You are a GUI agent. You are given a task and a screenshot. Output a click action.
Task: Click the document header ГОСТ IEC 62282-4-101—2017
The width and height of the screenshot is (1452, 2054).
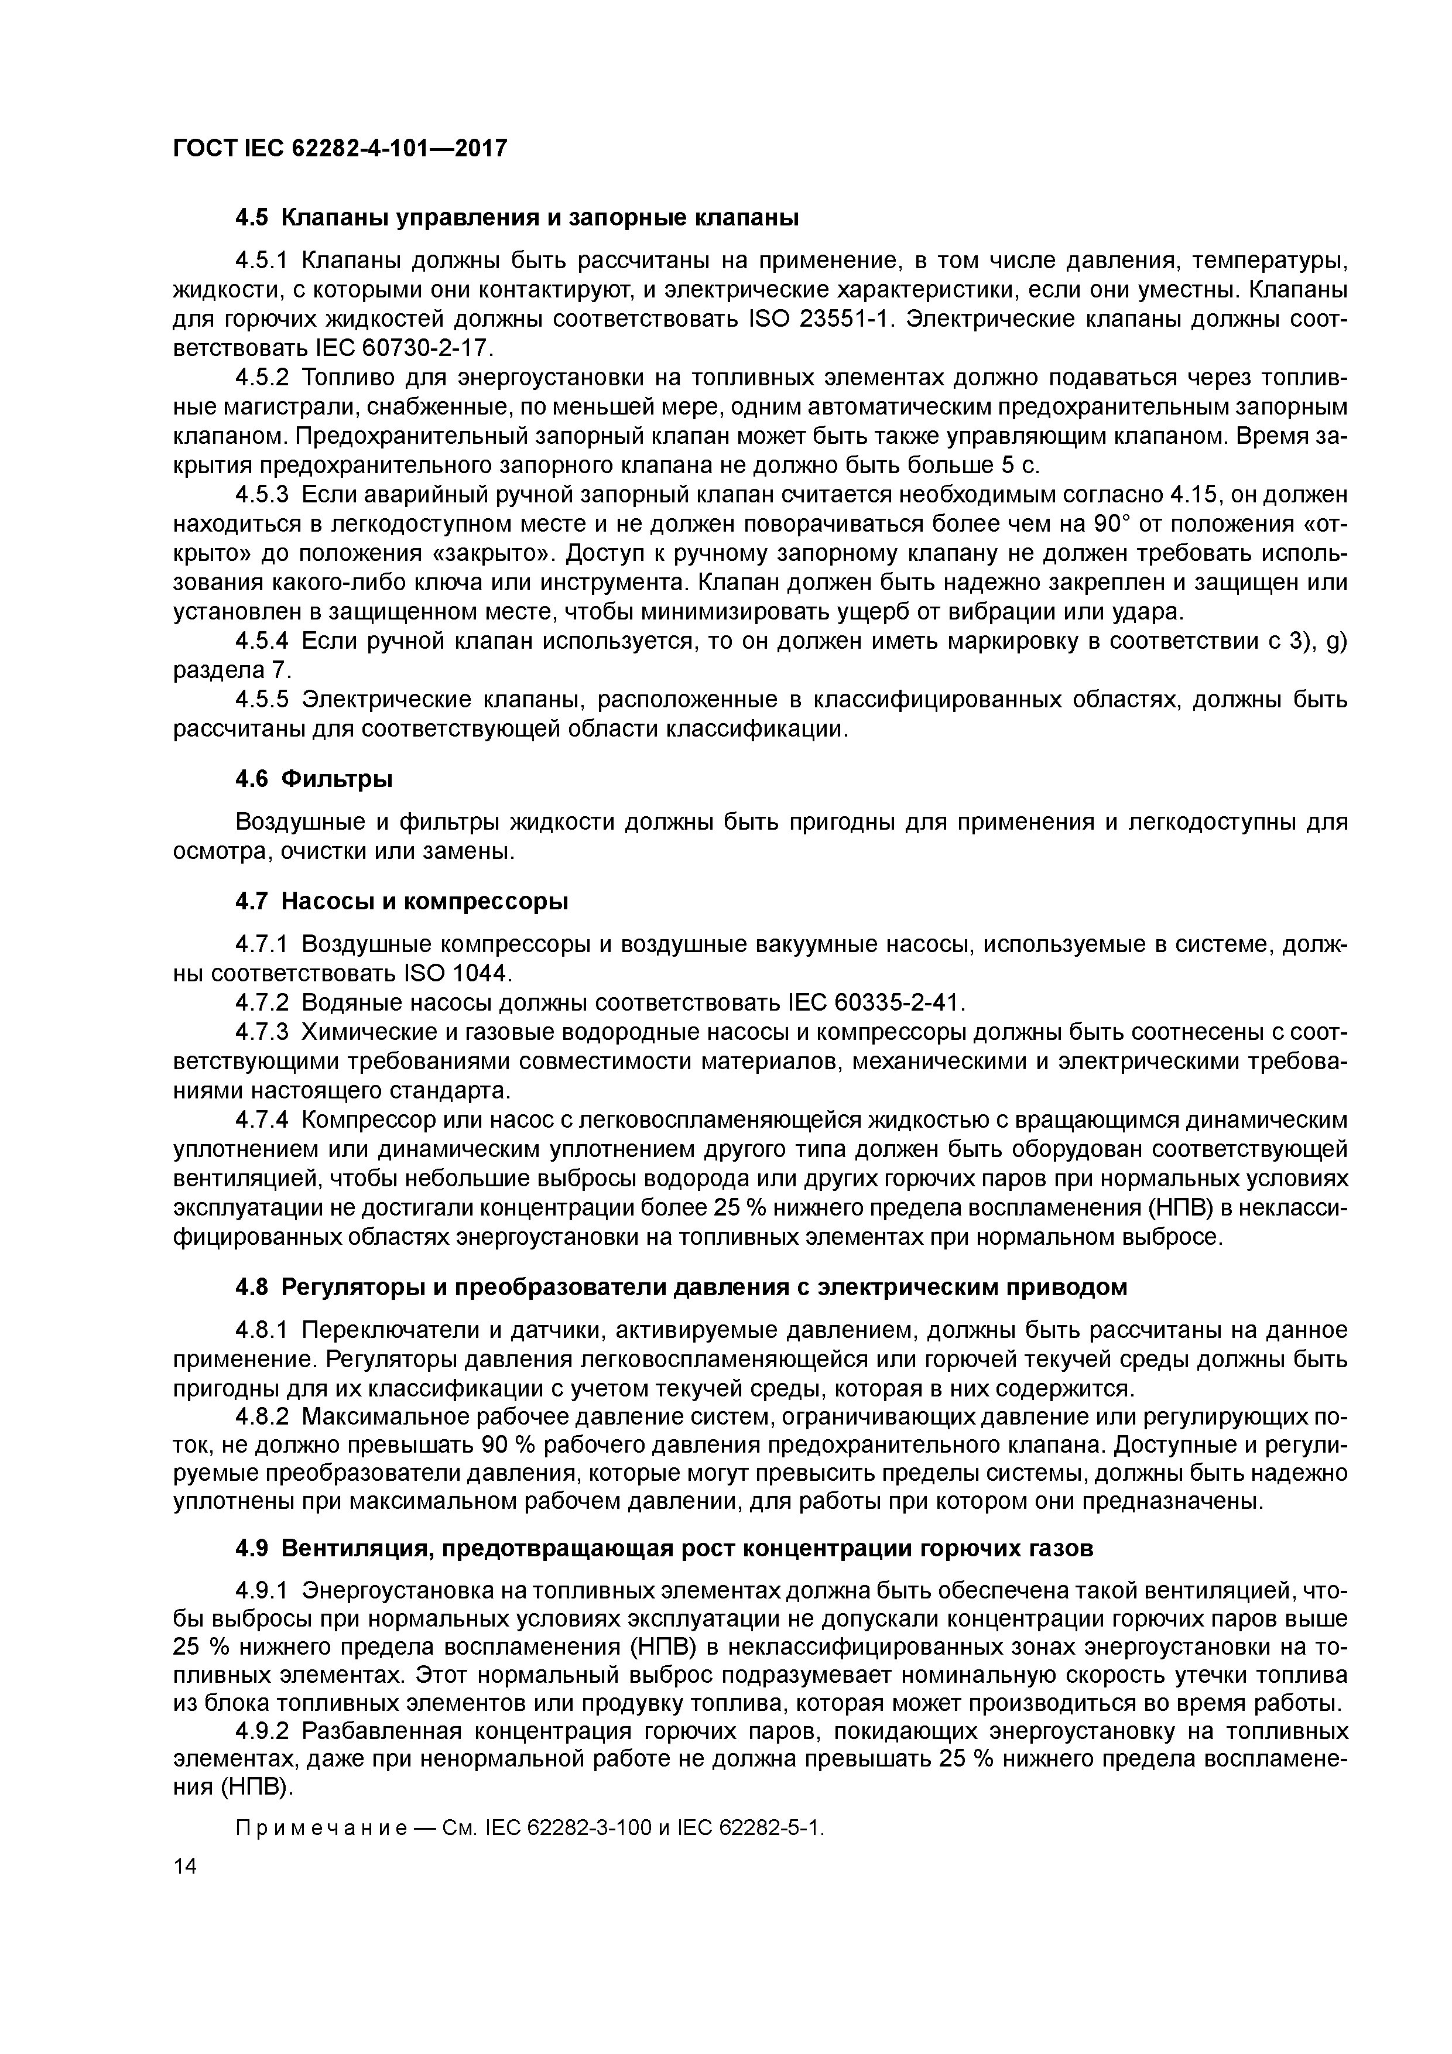pyautogui.click(x=340, y=147)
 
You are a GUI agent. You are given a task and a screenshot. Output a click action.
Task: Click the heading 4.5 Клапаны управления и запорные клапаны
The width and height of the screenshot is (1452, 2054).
pyautogui.click(x=516, y=217)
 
